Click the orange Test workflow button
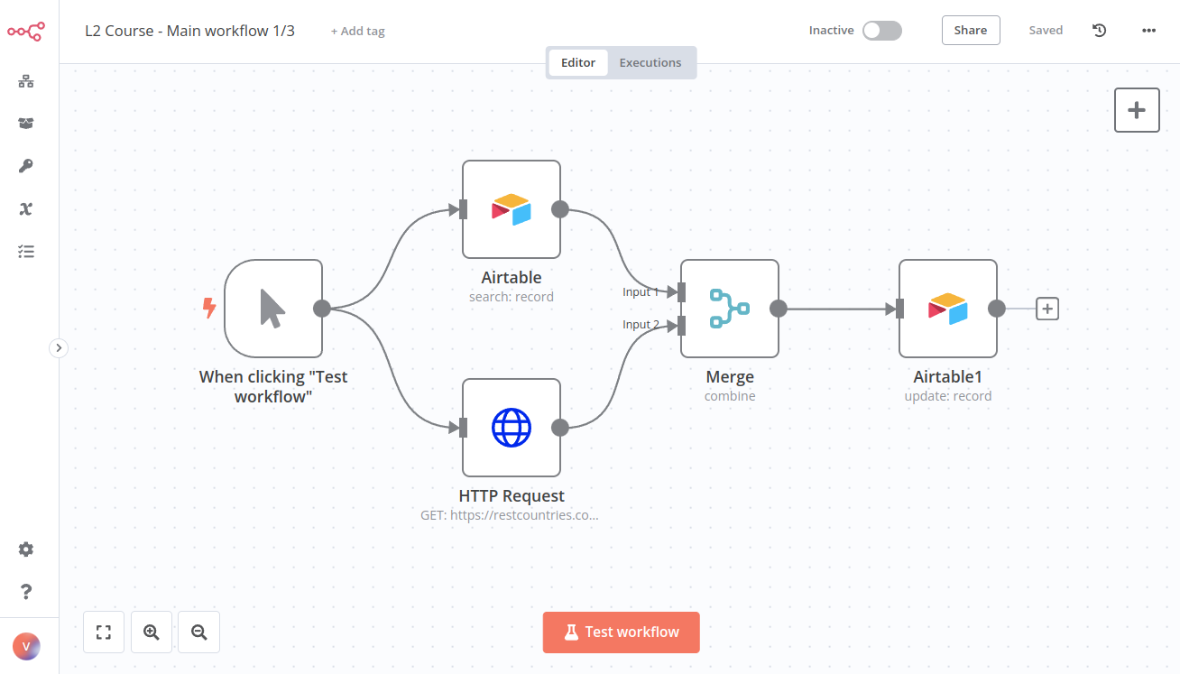621,632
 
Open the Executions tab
650,63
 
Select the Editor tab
578,63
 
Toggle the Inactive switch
881,31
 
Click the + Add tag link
357,31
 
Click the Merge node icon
729,309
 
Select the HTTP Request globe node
512,428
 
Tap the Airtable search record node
512,209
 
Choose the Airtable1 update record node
947,309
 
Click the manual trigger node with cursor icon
273,309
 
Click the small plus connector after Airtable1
1046,309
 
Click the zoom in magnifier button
152,632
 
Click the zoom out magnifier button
198,632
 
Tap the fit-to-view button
104,632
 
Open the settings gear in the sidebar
26,549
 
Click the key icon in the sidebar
26,166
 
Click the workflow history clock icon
1099,31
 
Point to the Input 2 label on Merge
641,325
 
